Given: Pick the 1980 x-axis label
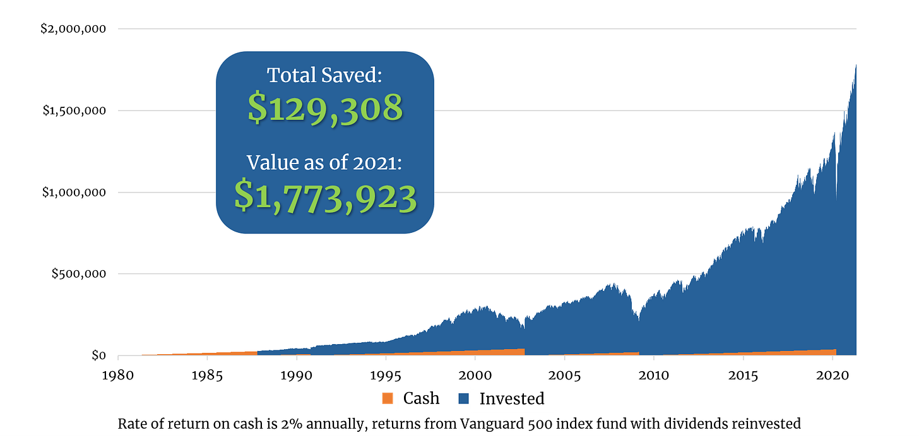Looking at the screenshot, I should point(117,374).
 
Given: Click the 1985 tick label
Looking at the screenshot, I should point(206,374).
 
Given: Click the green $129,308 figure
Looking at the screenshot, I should point(325,108).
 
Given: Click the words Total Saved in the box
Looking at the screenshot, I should point(324,75).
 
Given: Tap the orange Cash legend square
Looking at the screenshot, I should point(388,399).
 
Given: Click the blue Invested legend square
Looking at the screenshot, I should point(464,399).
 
